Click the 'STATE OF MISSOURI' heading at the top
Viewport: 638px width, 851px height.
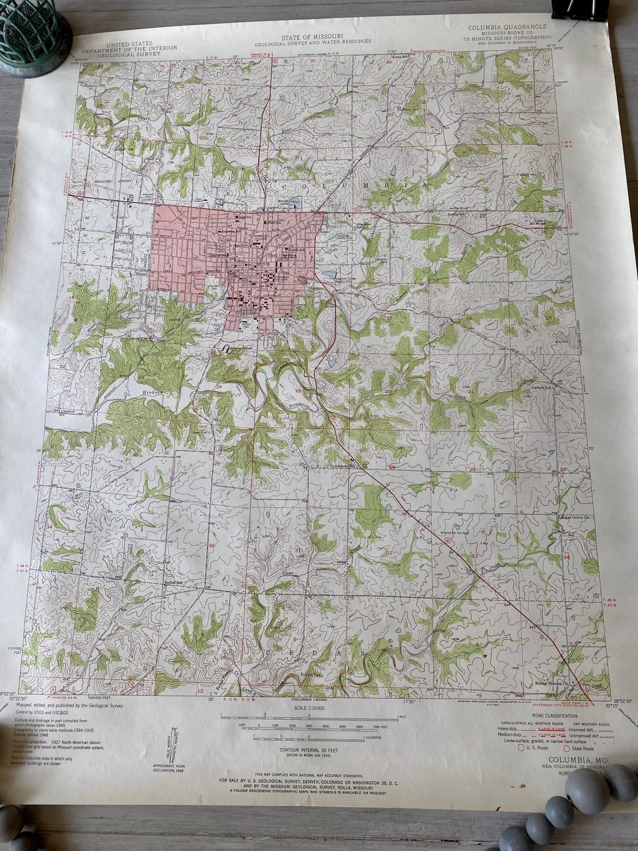pos(313,37)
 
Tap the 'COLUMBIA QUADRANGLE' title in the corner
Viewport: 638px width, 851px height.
pos(507,27)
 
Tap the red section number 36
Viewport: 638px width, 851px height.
pos(211,545)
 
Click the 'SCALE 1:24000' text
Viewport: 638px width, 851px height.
pos(309,707)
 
